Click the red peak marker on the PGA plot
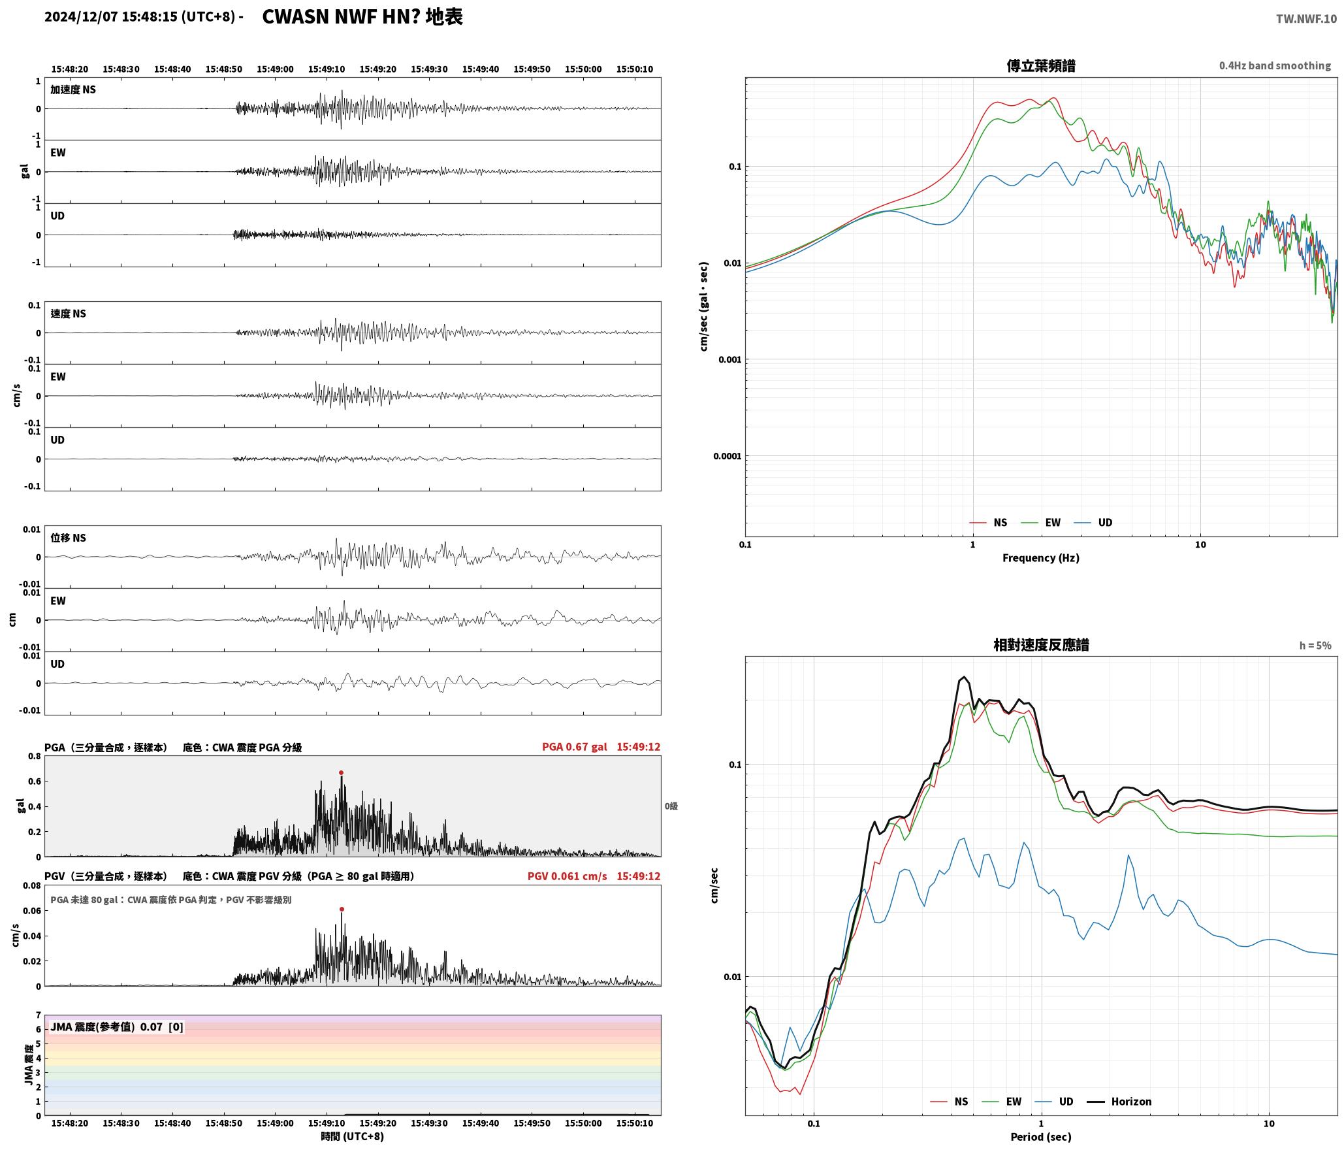coord(341,772)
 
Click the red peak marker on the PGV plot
coord(342,909)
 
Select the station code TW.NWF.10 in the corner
coord(1306,19)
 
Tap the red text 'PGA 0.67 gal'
coord(574,747)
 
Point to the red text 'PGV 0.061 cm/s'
coord(567,876)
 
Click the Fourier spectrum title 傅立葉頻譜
coord(1041,66)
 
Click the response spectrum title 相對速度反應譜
coord(1041,645)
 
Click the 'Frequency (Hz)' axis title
coord(1041,558)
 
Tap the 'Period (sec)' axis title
coord(1041,1137)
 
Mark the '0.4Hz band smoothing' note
coord(1275,66)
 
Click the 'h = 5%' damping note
coord(1315,646)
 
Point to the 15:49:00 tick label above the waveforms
coord(275,69)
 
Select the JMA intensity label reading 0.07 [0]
coord(117,1027)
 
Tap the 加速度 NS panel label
coord(73,90)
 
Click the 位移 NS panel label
coord(69,538)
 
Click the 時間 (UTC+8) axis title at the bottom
coord(352,1137)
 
